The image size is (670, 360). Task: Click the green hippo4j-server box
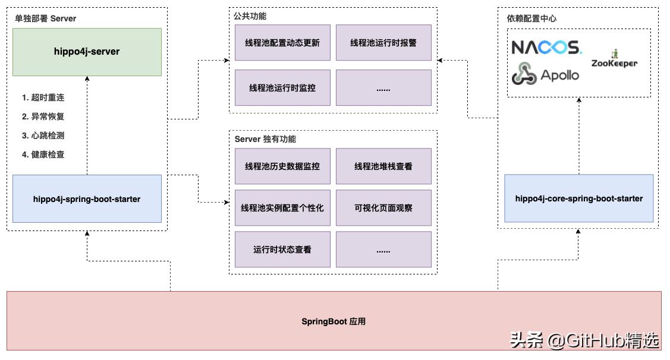(87, 52)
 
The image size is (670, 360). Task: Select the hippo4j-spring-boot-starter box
(87, 199)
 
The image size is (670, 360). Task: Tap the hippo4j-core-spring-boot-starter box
(578, 198)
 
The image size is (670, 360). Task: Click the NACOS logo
(546, 47)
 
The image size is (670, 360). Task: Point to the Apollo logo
(545, 74)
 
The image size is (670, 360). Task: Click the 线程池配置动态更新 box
(282, 43)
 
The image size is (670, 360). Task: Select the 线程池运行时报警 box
(383, 43)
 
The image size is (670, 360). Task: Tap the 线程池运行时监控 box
(282, 88)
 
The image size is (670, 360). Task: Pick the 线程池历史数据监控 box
(282, 166)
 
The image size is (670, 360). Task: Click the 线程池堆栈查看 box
(383, 166)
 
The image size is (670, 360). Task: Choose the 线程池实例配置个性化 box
(282, 208)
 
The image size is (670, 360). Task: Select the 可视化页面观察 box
(383, 208)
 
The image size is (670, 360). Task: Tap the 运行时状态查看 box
(282, 250)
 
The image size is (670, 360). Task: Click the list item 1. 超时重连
(43, 97)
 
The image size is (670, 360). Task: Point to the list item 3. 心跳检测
(43, 135)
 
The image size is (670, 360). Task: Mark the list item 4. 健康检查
(43, 154)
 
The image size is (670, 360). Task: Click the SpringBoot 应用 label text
(334, 321)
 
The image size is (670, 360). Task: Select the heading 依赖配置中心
(527, 18)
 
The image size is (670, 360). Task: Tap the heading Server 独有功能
(265, 139)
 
